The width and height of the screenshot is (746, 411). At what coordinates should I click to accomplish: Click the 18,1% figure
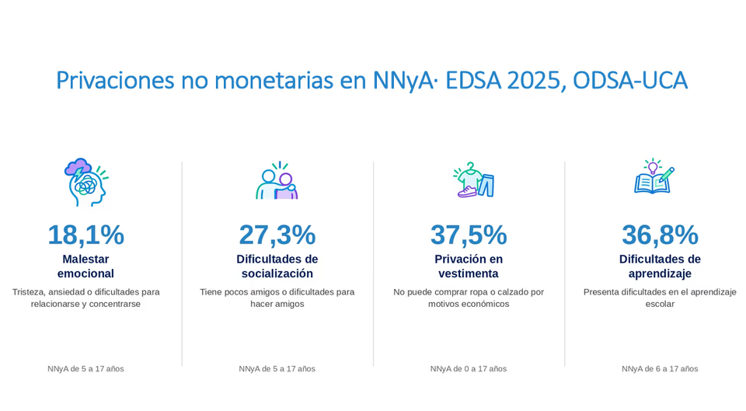86,235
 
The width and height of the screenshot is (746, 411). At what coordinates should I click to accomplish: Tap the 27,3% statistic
277,235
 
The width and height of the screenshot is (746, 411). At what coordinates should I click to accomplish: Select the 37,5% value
469,235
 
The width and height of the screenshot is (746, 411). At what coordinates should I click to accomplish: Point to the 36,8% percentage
660,235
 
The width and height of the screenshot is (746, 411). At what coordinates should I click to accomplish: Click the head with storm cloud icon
85,182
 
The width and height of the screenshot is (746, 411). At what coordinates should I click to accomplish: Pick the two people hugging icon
277,181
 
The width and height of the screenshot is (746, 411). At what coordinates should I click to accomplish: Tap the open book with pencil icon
654,177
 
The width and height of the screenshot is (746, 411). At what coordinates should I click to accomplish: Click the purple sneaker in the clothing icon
467,192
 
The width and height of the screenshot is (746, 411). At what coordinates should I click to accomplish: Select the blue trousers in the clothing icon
486,186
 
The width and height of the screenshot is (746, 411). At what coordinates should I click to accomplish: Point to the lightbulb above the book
653,166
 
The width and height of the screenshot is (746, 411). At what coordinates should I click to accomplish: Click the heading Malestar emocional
85,266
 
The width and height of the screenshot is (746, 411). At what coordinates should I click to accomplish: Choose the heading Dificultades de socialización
277,266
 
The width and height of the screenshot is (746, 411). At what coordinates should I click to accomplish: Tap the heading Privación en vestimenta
469,266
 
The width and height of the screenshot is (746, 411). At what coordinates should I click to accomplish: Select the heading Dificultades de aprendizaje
660,266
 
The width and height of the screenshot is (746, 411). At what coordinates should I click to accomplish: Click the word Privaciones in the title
116,80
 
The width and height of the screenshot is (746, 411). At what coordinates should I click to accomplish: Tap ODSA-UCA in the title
630,80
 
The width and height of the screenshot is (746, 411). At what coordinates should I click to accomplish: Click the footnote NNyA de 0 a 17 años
469,369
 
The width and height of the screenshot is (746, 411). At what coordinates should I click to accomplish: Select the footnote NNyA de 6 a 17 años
660,369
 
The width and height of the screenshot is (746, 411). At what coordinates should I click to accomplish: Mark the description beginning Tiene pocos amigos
277,298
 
